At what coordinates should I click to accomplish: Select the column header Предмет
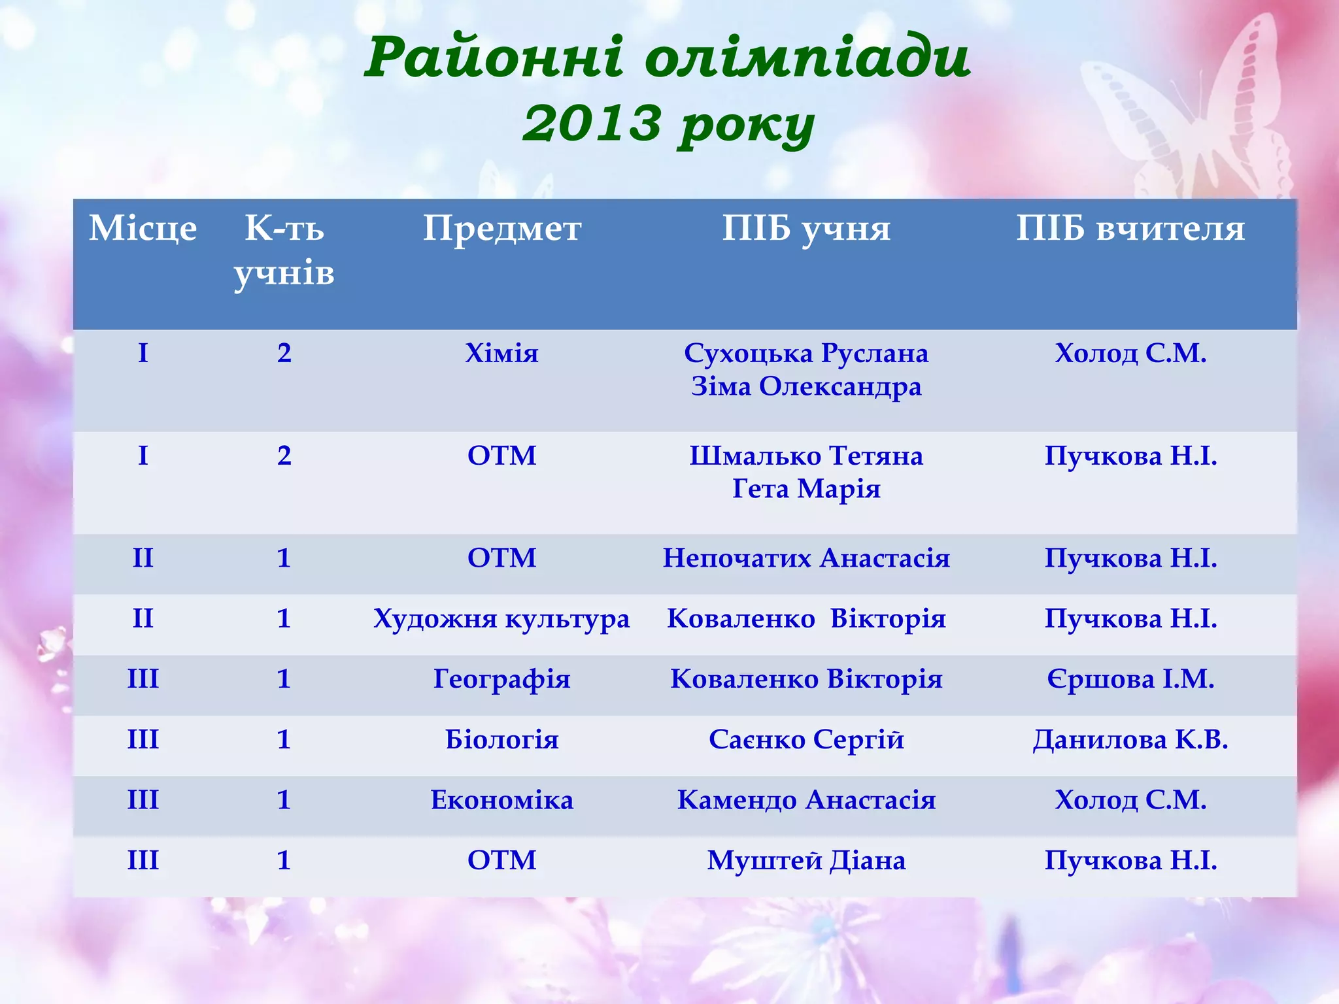point(501,229)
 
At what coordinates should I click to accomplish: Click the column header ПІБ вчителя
point(1130,229)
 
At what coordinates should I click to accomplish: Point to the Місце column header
point(143,229)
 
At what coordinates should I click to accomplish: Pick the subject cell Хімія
point(501,353)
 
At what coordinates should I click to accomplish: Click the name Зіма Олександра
point(806,386)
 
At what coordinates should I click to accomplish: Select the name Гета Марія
point(806,488)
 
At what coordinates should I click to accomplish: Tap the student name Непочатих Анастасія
point(806,558)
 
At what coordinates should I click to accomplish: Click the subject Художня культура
point(501,618)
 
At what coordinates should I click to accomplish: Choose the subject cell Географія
point(501,679)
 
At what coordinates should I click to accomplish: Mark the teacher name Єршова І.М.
point(1130,679)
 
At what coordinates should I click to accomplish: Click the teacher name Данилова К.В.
point(1130,740)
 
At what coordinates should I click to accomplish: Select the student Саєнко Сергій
point(806,740)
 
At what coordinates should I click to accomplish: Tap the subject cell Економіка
point(501,800)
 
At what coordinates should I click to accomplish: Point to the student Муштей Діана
point(806,860)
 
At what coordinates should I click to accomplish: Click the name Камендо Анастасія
point(806,800)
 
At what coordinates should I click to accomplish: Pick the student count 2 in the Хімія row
point(284,353)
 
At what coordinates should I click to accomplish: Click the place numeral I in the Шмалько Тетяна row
point(143,456)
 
